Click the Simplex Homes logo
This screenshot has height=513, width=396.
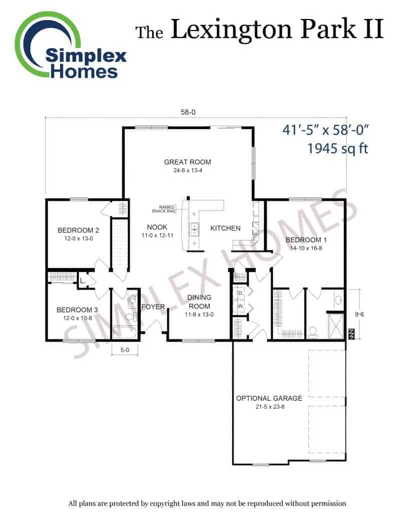tap(70, 46)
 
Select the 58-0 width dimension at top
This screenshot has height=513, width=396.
tap(188, 112)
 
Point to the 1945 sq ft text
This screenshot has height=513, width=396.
tap(338, 148)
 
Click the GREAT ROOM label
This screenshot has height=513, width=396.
tap(187, 162)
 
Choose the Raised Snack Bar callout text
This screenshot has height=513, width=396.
tap(164, 209)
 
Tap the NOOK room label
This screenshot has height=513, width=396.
tap(157, 227)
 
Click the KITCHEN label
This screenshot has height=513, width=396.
tap(225, 228)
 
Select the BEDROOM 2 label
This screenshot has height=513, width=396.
tap(78, 230)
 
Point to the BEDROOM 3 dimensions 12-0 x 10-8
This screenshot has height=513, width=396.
tap(78, 318)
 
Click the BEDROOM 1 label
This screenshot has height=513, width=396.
tap(306, 240)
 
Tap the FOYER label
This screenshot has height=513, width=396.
tap(153, 307)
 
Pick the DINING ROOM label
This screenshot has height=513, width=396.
tap(199, 302)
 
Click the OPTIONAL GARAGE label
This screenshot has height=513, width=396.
tap(269, 398)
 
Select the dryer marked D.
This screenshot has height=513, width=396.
tap(240, 293)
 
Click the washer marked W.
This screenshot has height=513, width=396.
tap(240, 307)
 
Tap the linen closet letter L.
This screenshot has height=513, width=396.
tap(83, 281)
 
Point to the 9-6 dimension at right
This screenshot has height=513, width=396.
tap(359, 315)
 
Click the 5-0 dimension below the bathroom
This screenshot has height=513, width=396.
tap(125, 350)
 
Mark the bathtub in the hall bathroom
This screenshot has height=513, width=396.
tap(125, 332)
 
